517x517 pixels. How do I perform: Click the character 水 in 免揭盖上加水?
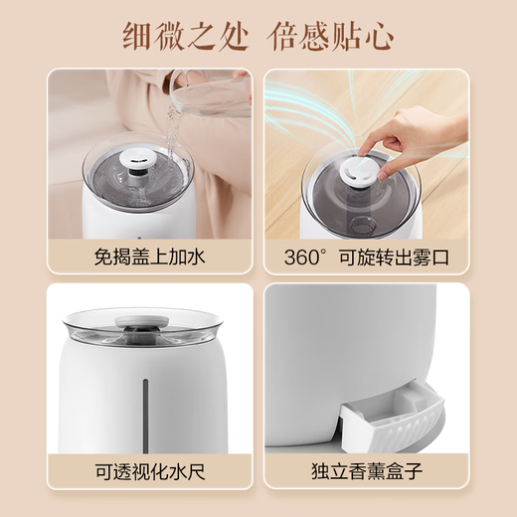click(x=196, y=257)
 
